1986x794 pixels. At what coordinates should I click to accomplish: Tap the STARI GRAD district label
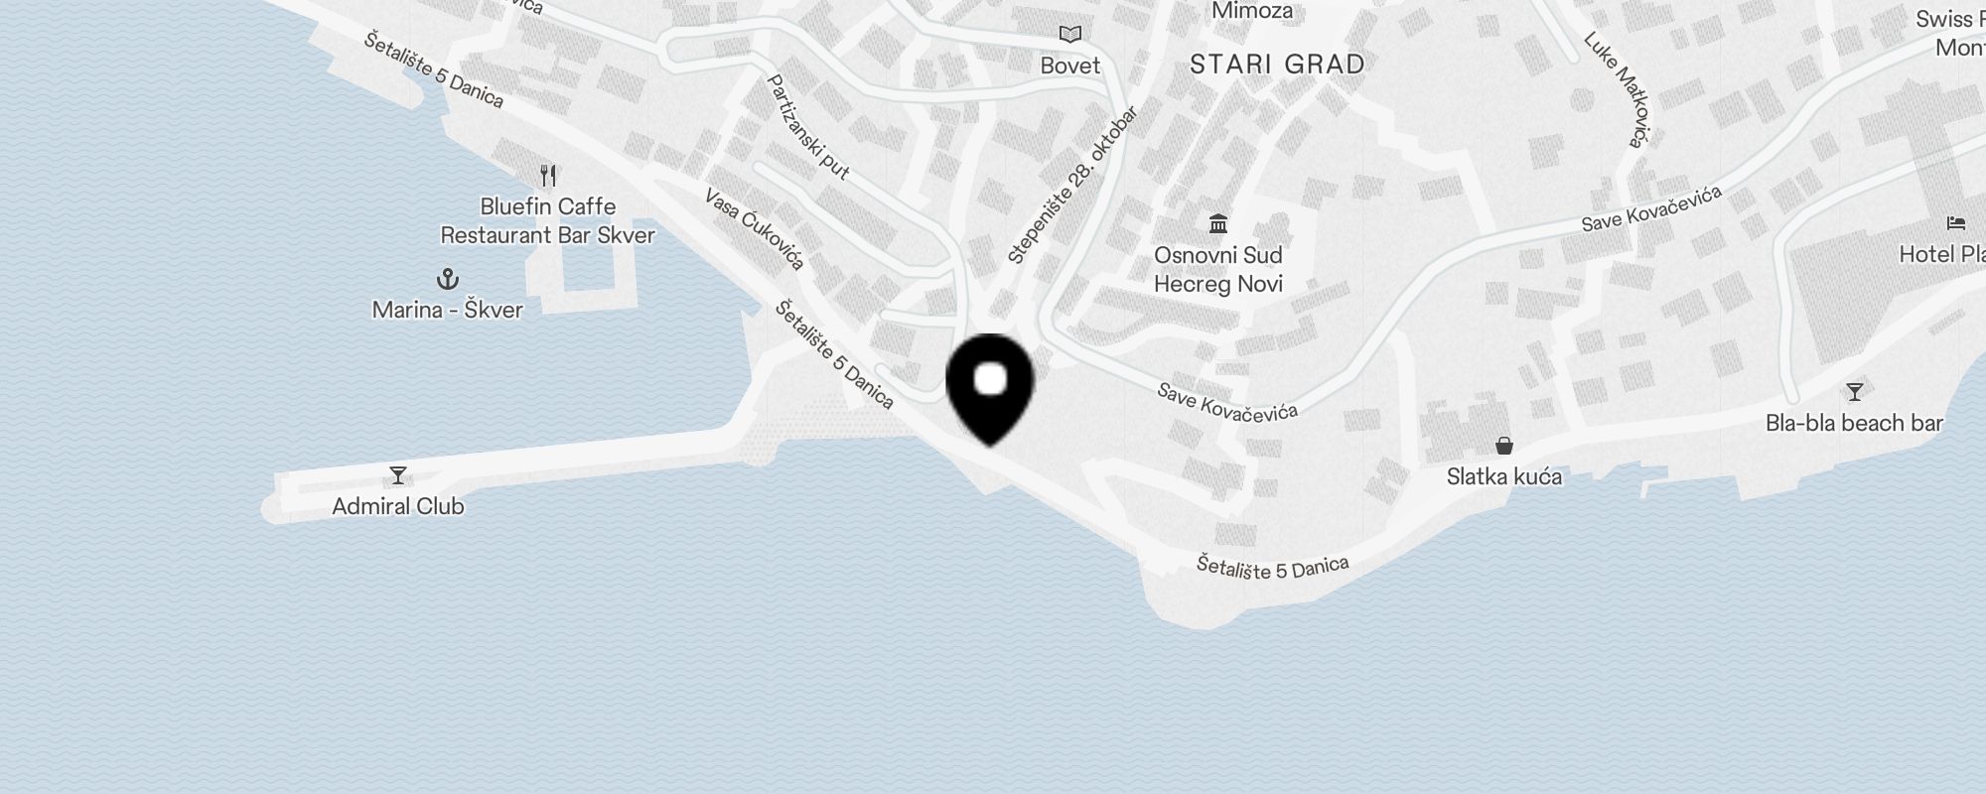click(1277, 65)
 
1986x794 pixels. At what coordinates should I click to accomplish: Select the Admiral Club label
click(398, 506)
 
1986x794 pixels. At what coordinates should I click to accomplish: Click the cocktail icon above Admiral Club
click(398, 475)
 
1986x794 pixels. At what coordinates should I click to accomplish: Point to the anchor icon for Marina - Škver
click(448, 278)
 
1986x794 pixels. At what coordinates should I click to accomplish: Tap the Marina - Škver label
click(448, 310)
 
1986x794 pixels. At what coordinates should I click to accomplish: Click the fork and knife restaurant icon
click(548, 176)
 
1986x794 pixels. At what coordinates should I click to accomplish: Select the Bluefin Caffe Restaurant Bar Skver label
click(548, 221)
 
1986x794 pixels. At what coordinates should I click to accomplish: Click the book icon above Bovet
click(1070, 35)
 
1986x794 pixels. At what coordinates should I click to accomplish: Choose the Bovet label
click(1070, 66)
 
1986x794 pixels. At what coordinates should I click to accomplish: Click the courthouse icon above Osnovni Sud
click(1218, 222)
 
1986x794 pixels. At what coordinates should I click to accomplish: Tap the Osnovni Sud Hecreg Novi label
click(1218, 269)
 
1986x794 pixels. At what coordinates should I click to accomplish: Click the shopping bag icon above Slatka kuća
click(1504, 446)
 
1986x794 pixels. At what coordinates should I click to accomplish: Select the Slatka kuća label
click(1504, 476)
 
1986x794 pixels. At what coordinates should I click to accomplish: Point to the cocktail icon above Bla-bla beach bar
click(1854, 391)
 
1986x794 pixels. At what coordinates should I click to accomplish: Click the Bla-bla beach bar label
click(1854, 423)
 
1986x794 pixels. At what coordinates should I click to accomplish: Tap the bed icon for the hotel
click(1956, 222)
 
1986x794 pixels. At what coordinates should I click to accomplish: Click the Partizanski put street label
click(809, 127)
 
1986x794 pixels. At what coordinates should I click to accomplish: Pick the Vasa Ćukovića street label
click(754, 229)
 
